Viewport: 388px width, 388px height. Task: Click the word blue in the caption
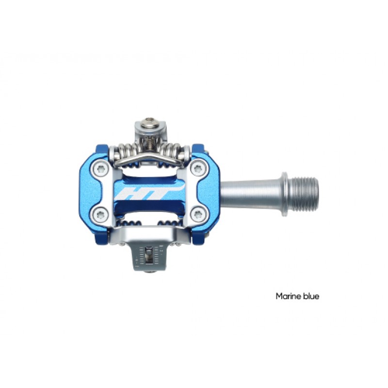point(311,296)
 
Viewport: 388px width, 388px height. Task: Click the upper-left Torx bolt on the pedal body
point(101,169)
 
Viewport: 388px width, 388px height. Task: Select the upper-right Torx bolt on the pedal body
point(198,169)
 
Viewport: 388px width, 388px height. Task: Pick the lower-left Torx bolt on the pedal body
point(101,214)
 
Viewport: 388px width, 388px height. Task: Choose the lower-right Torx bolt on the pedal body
point(198,214)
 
